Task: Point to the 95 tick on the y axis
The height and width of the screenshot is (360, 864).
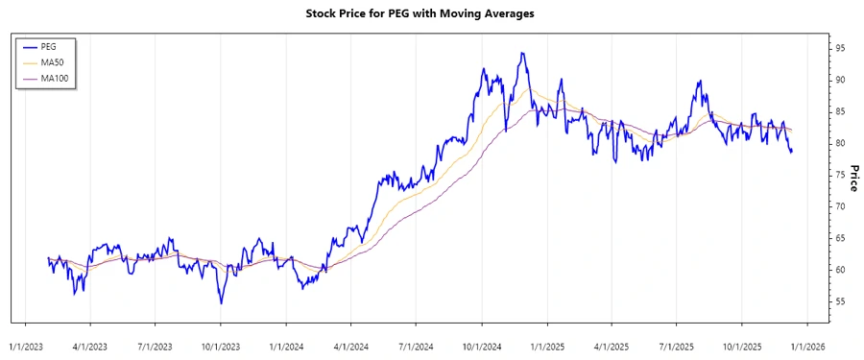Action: (x=840, y=48)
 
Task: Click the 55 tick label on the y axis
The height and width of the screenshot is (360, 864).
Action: (x=840, y=301)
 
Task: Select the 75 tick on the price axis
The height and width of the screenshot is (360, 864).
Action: (x=840, y=175)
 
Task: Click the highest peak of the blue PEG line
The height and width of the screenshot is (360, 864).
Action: (x=521, y=53)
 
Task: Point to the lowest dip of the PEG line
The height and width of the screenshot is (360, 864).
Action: (x=221, y=303)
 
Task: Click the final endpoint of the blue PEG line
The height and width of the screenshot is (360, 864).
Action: (x=792, y=151)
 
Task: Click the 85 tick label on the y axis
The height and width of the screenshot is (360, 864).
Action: (x=840, y=111)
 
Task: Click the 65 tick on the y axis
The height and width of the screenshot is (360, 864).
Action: (x=840, y=238)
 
